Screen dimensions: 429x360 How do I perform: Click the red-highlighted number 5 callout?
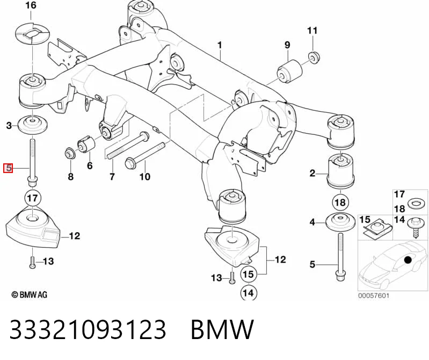tap(8, 168)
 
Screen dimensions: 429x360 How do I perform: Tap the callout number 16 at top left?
tap(31, 5)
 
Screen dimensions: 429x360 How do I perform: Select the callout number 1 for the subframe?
tap(220, 45)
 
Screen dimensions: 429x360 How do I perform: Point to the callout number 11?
tap(312, 31)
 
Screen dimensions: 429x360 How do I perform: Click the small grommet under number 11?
tap(314, 57)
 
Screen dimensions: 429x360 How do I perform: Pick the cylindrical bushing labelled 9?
tap(290, 72)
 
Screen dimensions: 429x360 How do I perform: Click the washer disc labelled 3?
tap(32, 125)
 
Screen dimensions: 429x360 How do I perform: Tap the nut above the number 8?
tap(70, 153)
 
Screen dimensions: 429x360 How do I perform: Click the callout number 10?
tap(145, 177)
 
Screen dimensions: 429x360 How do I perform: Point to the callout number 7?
tap(112, 177)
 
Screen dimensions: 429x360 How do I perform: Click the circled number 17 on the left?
tap(33, 198)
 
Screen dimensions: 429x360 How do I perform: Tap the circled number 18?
tap(340, 203)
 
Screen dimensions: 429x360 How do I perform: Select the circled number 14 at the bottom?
tap(249, 293)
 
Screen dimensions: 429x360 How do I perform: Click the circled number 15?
tap(249, 274)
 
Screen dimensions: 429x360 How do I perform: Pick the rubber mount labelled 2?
tap(340, 171)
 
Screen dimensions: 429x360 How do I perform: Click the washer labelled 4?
tap(340, 222)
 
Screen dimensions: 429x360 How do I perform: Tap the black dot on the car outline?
tap(408, 260)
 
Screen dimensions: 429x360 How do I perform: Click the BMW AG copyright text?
tap(30, 294)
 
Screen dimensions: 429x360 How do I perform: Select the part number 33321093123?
tap(88, 329)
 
